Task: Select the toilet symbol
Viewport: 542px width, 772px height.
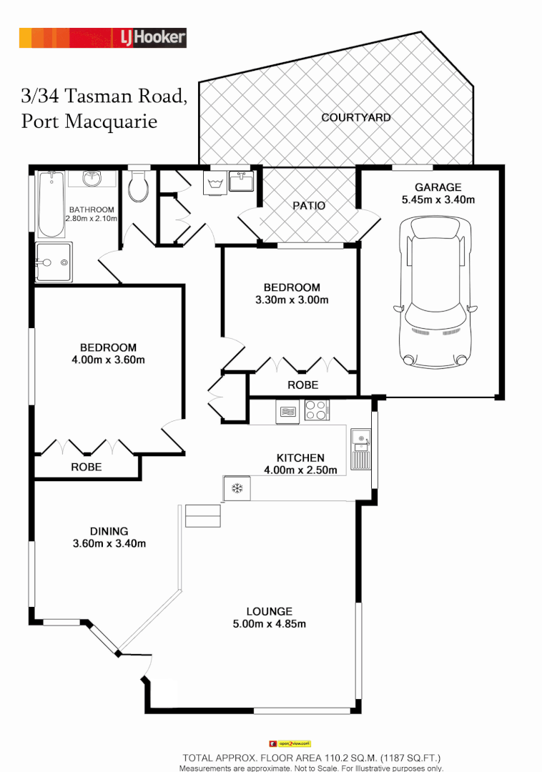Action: (138, 187)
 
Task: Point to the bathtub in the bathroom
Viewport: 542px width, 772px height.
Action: (51, 204)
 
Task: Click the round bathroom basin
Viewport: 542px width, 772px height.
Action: (92, 177)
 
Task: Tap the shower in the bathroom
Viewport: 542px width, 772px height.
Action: (53, 262)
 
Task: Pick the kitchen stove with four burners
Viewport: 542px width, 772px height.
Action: (317, 410)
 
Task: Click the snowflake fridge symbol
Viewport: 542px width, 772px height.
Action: (237, 489)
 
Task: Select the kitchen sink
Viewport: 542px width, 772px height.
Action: (360, 448)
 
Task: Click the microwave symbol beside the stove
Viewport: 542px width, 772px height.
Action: (287, 412)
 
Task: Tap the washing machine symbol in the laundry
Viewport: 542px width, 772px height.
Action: (215, 184)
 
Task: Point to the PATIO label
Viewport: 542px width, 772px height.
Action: (309, 205)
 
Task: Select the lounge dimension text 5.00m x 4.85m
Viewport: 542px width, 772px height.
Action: (269, 624)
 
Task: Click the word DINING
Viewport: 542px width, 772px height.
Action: (109, 531)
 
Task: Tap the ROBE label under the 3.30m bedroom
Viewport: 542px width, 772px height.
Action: (303, 385)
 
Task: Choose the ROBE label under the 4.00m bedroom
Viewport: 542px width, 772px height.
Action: (86, 467)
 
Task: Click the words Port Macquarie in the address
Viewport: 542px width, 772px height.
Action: (89, 121)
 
